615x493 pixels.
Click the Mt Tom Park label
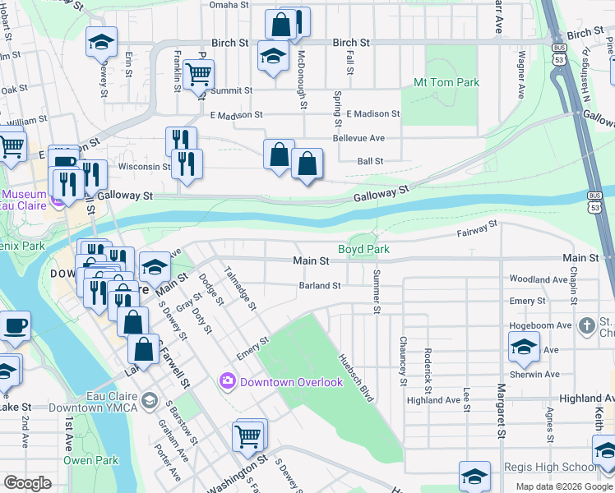tap(446, 83)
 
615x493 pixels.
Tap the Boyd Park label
tap(363, 249)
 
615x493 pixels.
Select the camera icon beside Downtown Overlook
tap(227, 382)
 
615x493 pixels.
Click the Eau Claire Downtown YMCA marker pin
tap(148, 400)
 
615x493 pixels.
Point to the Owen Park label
tap(90, 461)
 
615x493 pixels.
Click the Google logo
tap(28, 483)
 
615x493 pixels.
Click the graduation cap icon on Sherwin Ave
tap(524, 347)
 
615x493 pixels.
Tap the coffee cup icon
tap(16, 325)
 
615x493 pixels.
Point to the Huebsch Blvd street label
tap(357, 378)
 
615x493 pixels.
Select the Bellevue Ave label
tap(358, 138)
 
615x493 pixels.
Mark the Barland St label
tap(320, 286)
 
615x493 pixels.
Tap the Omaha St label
tap(229, 5)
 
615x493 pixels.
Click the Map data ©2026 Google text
tap(563, 486)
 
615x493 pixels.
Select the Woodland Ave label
tap(539, 279)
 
